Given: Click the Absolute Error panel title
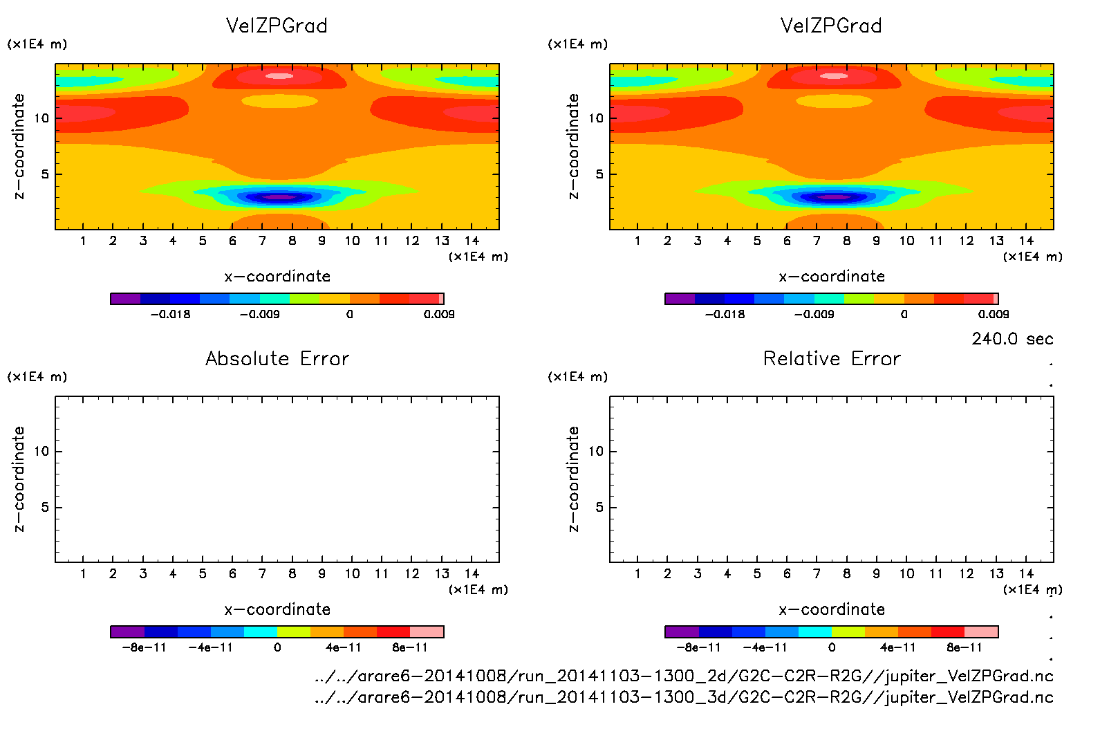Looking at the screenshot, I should click(x=277, y=359).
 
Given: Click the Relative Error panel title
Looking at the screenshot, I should click(x=832, y=359).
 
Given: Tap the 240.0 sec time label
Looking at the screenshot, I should click(x=1012, y=339).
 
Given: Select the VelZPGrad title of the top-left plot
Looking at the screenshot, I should click(x=277, y=26).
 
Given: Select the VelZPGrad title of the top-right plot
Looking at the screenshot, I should click(x=831, y=26).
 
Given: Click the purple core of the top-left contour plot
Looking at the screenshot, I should click(x=279, y=197).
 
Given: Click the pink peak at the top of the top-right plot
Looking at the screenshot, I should click(x=834, y=76).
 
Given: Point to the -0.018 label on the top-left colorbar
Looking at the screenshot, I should click(x=170, y=315).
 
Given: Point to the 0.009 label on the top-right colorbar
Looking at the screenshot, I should click(x=993, y=315).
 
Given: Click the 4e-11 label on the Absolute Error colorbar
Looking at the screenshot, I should click(x=344, y=648).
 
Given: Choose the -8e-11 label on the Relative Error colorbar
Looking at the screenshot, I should click(x=698, y=648).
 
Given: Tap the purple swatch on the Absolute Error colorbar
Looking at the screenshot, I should click(x=127, y=631).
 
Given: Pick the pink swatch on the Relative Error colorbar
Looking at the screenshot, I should click(x=981, y=631).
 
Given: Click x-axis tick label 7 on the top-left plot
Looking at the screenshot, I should click(x=262, y=241).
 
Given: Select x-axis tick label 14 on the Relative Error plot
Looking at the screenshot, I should click(x=1026, y=574).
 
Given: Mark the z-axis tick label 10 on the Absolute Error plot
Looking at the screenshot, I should click(x=41, y=452).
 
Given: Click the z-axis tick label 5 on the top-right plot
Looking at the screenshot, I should click(x=599, y=174).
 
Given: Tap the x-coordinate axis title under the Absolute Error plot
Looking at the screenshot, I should click(x=277, y=609).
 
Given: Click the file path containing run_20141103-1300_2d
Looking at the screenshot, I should click(x=683, y=676).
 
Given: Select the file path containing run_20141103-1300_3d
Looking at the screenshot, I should click(x=683, y=697).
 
